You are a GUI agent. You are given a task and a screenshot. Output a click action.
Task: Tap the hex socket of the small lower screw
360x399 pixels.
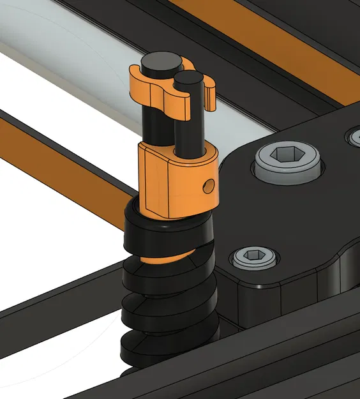pyautogui.click(x=254, y=256)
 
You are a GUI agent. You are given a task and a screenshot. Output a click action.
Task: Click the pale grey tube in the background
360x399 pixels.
pyautogui.click(x=70, y=57)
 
